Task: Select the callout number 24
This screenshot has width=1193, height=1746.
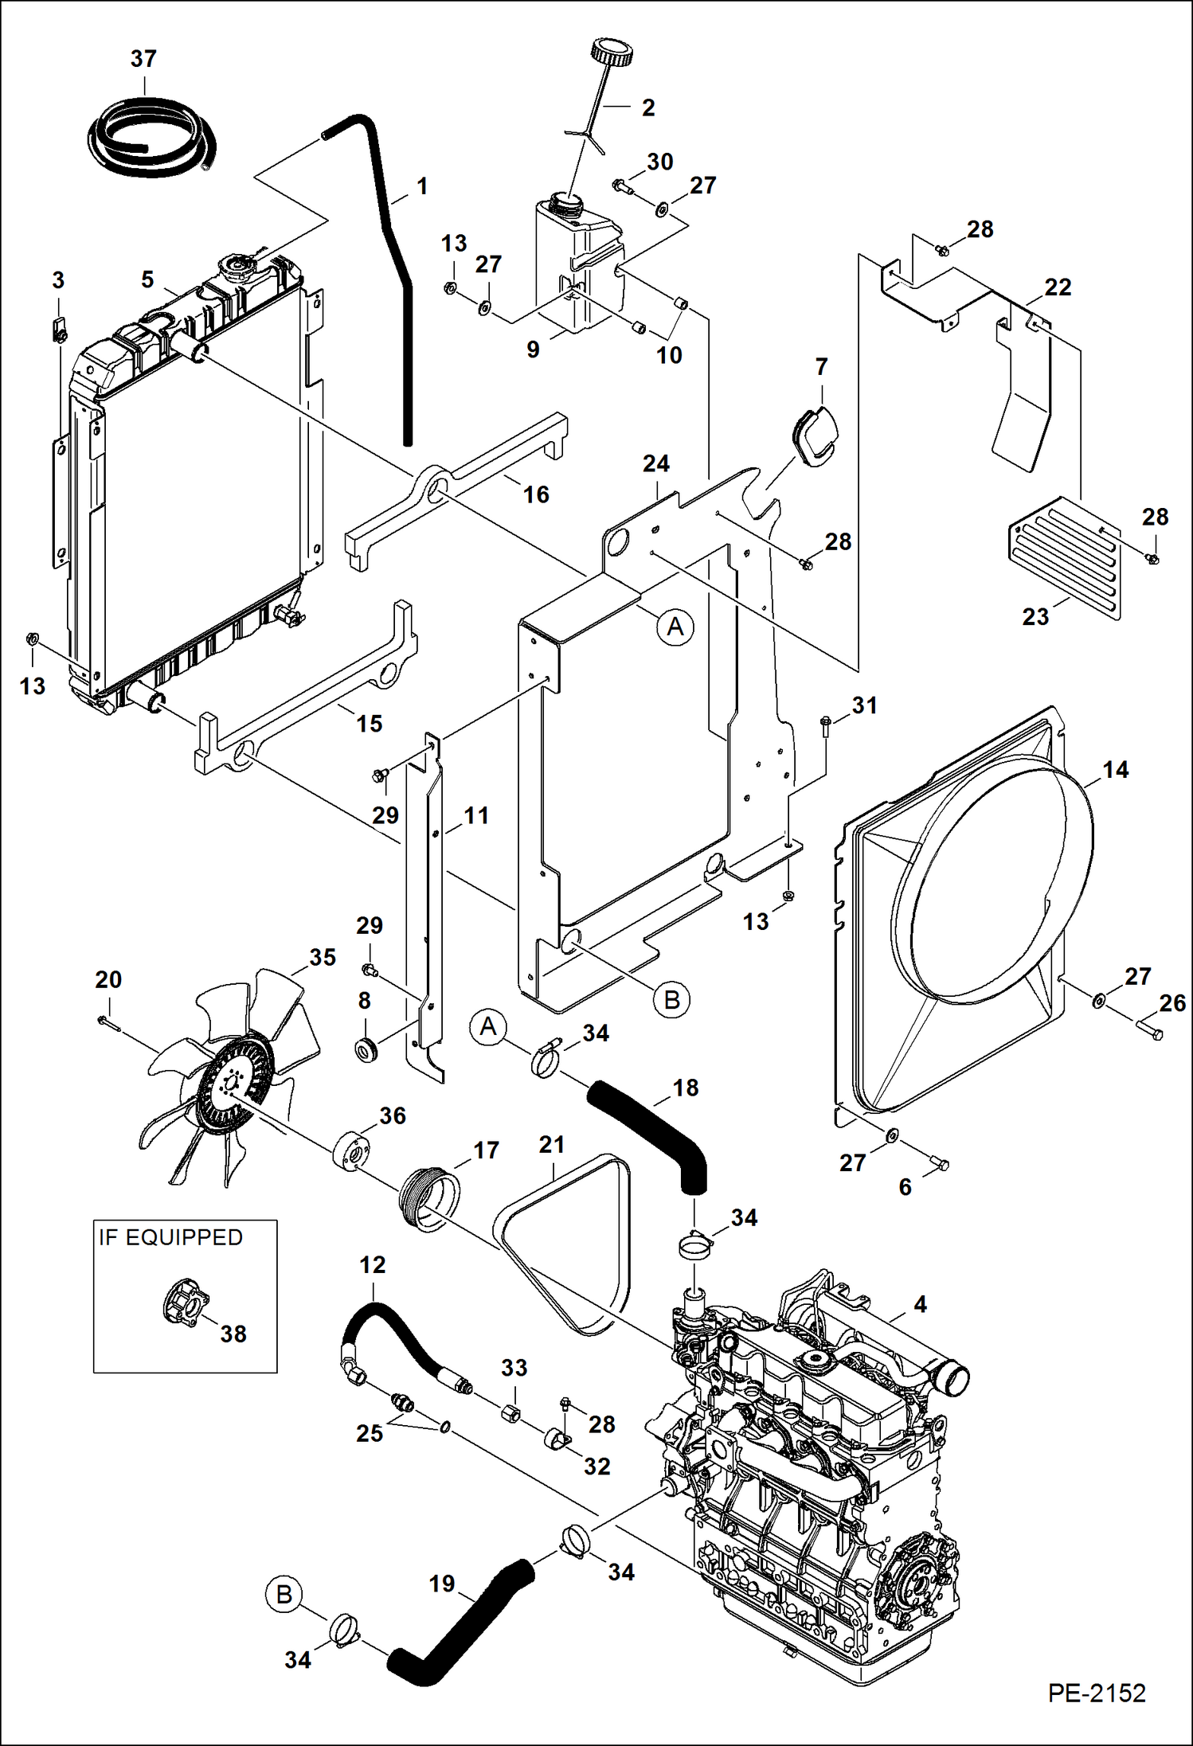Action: (x=655, y=463)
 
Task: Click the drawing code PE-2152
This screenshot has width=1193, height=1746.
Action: (x=1096, y=1693)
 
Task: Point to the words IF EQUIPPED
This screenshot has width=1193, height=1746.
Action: (x=170, y=1237)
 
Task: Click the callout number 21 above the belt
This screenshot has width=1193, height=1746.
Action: (x=551, y=1145)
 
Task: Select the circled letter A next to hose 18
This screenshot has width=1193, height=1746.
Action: (x=488, y=1027)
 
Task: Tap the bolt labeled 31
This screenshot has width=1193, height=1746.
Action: (x=825, y=724)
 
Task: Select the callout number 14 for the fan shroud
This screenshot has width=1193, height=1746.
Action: (x=1115, y=769)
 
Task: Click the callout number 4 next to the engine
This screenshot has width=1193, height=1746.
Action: (x=920, y=1304)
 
